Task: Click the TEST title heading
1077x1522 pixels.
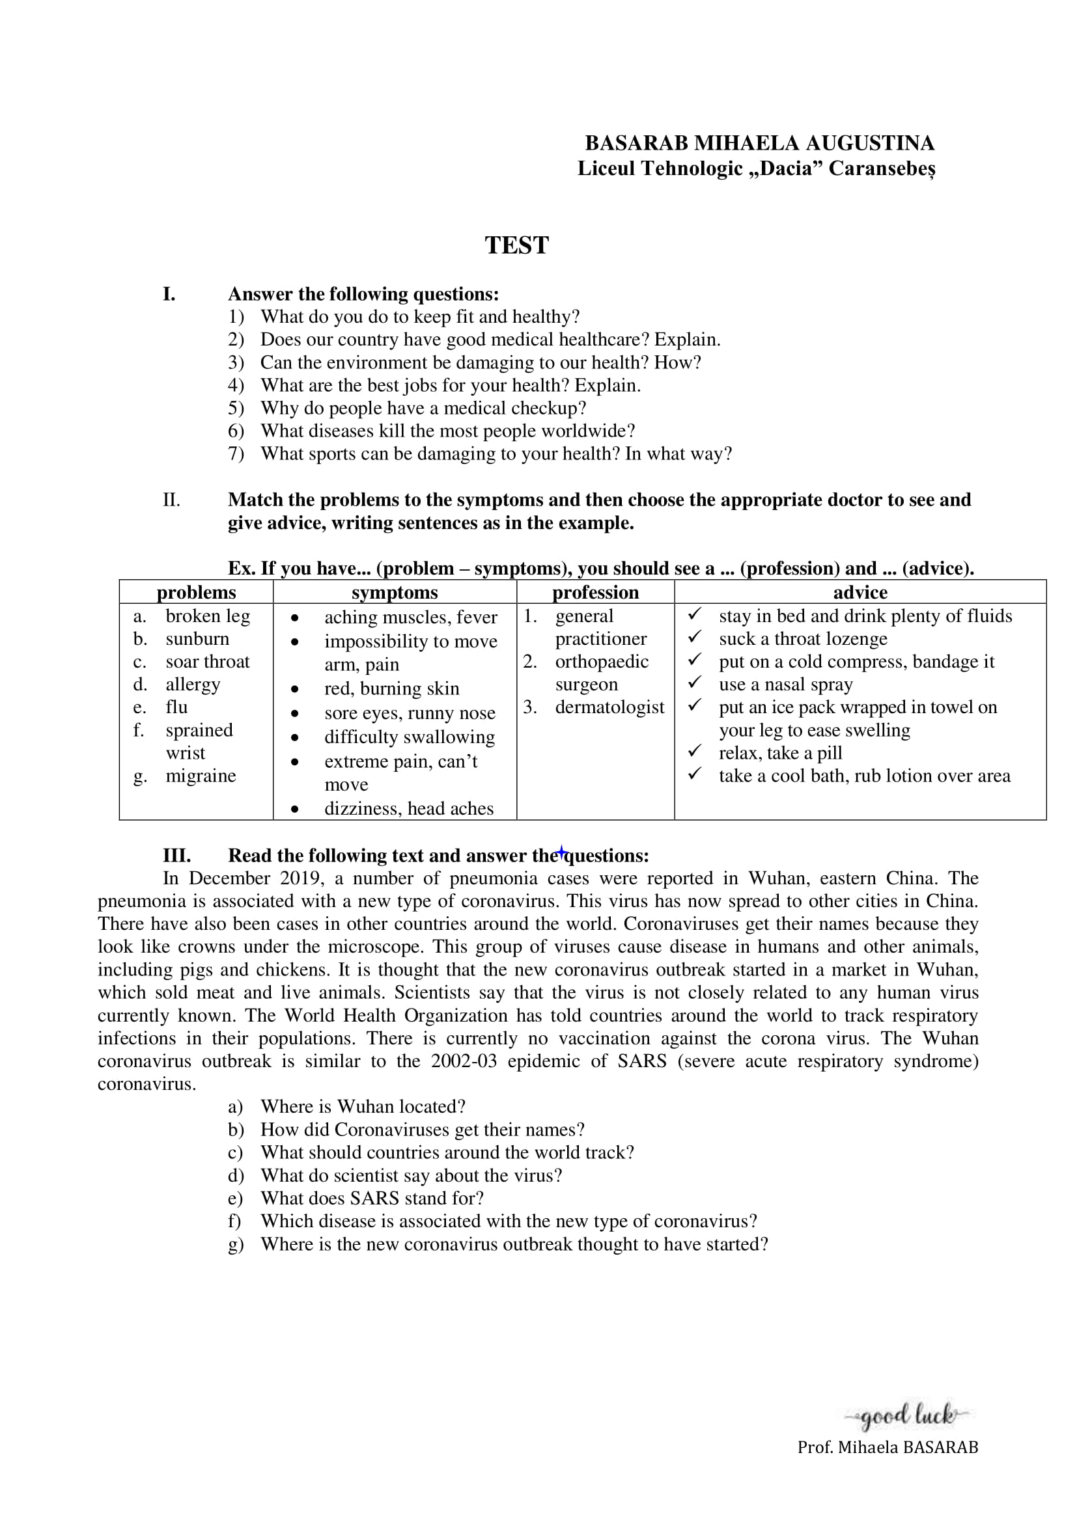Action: [x=516, y=245]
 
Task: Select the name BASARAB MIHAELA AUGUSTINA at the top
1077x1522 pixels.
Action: [x=759, y=143]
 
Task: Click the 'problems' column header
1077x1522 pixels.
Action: [x=196, y=592]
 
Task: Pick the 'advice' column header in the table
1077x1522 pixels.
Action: [x=860, y=592]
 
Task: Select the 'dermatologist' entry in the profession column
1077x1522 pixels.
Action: [x=609, y=707]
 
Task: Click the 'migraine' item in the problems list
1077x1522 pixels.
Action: [x=201, y=776]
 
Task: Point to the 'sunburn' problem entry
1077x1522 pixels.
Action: [x=197, y=639]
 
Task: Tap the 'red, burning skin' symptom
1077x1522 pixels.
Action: [x=391, y=688]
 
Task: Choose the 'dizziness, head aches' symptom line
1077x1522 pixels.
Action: [x=408, y=809]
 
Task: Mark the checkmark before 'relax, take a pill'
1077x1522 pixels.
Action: [x=694, y=751]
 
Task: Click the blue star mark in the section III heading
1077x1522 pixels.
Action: [x=561, y=852]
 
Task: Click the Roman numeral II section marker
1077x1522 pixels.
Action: [x=171, y=500]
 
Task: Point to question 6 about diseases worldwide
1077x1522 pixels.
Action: [x=447, y=431]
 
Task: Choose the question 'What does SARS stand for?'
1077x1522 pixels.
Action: [x=372, y=1199]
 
